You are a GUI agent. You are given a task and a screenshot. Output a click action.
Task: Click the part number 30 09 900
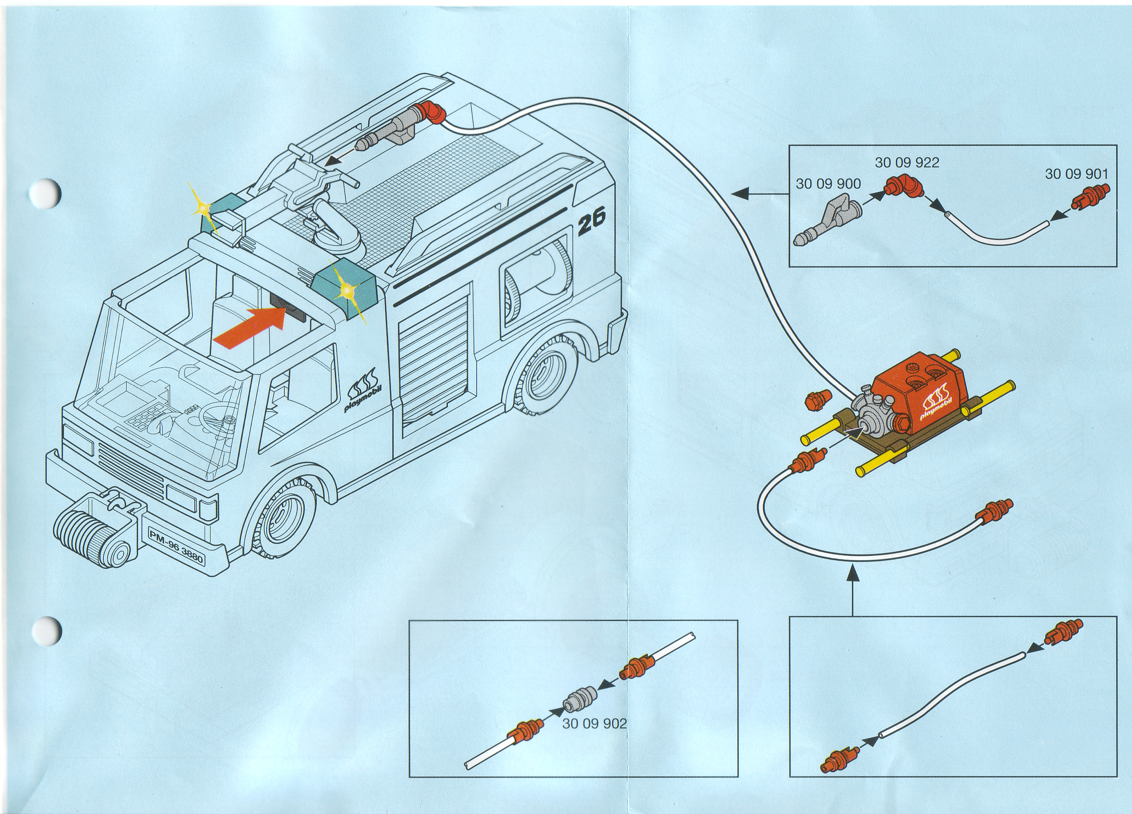point(828,184)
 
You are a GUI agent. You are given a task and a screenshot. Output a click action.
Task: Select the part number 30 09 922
point(907,163)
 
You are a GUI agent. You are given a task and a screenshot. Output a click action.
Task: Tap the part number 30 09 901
point(1076,174)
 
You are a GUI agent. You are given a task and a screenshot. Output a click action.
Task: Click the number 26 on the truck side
point(591,221)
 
